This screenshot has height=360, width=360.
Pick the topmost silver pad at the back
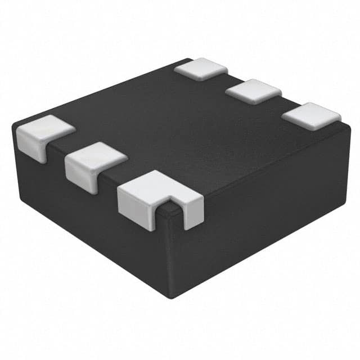coord(201,69)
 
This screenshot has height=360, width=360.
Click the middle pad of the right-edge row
coord(253,91)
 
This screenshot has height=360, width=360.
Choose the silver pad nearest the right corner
coord(311,115)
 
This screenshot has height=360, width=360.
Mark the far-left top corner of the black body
coord(13,125)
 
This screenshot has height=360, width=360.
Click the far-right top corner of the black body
coord(349,127)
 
